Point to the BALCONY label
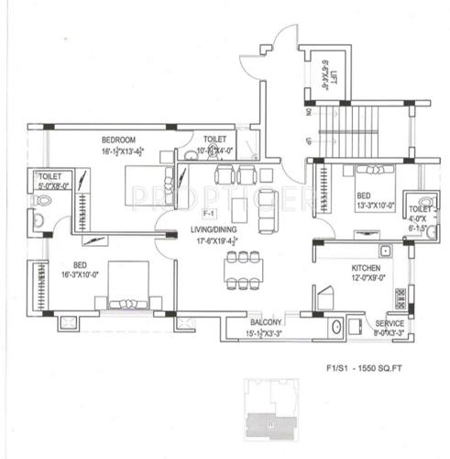tap(267, 324)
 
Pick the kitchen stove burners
tap(401, 296)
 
